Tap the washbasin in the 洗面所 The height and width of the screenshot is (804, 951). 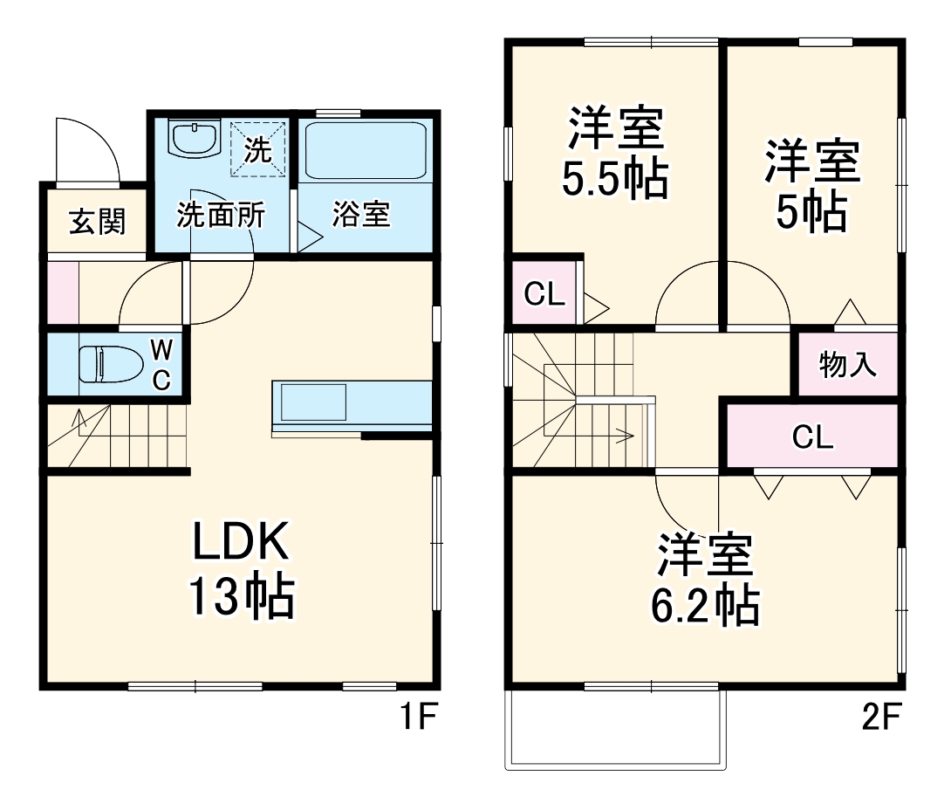coord(193,139)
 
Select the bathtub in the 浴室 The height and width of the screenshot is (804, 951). coord(365,150)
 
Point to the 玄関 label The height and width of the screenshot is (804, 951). coord(97,222)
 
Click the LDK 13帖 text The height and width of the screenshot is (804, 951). coord(240,572)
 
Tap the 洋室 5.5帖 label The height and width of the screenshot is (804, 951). coord(615,153)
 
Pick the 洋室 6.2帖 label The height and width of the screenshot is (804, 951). coord(705,580)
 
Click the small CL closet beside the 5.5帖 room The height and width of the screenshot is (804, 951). coord(544,295)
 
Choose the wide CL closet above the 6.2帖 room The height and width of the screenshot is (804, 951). coord(812,437)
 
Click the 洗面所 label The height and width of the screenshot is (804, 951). coord(221,215)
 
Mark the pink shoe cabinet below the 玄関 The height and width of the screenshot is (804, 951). coord(62,292)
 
